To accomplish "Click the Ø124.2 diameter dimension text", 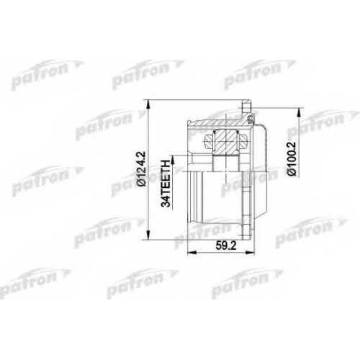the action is pos(142,168).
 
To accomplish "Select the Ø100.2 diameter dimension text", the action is pos(292,158).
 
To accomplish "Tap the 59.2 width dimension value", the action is pos(226,246).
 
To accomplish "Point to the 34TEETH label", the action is pos(166,181).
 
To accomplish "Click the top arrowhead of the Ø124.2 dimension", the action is pos(149,105).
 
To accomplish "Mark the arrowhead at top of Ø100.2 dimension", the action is pos(299,113).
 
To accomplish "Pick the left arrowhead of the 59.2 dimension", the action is pos(192,253).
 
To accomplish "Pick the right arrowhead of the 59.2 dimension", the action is pos(249,253).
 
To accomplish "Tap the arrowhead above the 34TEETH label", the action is pos(172,161).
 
